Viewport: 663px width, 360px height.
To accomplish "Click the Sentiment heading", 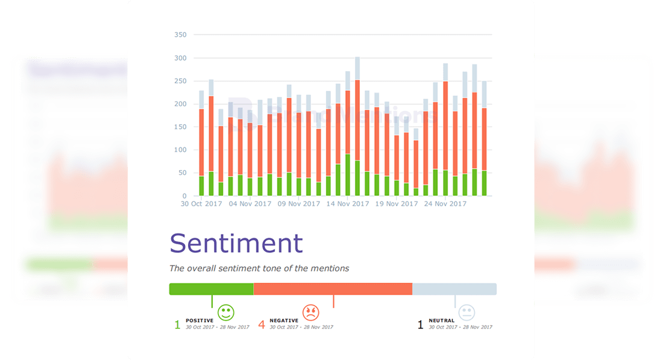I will click(x=236, y=243).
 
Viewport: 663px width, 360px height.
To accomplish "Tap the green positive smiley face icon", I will click(x=226, y=312).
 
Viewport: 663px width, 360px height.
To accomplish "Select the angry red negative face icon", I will click(x=310, y=312).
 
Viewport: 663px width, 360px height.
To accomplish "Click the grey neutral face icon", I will click(x=467, y=312).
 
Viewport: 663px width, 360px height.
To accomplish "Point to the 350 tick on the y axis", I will click(x=180, y=35).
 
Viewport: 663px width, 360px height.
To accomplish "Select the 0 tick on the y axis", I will click(x=184, y=196).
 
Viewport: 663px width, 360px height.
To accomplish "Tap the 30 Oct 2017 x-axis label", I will click(x=202, y=204).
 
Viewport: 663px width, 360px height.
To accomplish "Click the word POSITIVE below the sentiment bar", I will click(x=199, y=321).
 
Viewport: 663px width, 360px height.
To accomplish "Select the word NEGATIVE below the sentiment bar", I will click(x=283, y=321).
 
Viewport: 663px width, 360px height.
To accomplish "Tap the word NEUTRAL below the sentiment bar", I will click(x=441, y=321).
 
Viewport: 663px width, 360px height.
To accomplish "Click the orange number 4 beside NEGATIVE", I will click(x=262, y=324).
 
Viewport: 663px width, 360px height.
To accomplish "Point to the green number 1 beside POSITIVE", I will click(x=177, y=324).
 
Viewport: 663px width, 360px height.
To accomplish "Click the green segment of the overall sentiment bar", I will click(x=211, y=289).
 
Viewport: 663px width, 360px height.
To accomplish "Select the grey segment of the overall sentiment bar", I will click(x=454, y=289).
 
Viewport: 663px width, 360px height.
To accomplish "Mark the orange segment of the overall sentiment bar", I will click(x=333, y=289).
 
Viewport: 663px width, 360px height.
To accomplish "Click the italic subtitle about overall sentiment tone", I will click(x=259, y=268).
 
